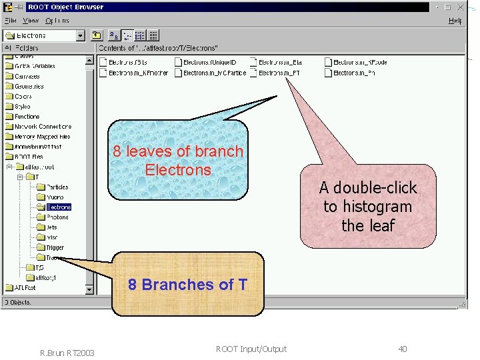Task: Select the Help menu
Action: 455,21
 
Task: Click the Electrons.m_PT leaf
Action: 279,73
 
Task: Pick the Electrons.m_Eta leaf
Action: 280,63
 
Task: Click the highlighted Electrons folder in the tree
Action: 58,207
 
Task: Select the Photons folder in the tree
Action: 57,217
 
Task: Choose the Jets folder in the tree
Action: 52,227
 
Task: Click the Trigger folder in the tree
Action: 55,247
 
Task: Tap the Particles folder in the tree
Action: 57,187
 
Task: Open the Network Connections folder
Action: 43,126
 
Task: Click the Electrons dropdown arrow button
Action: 81,35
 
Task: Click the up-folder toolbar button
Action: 96,35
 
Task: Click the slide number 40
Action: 402,349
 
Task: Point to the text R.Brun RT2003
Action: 67,352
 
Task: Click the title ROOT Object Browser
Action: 65,7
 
